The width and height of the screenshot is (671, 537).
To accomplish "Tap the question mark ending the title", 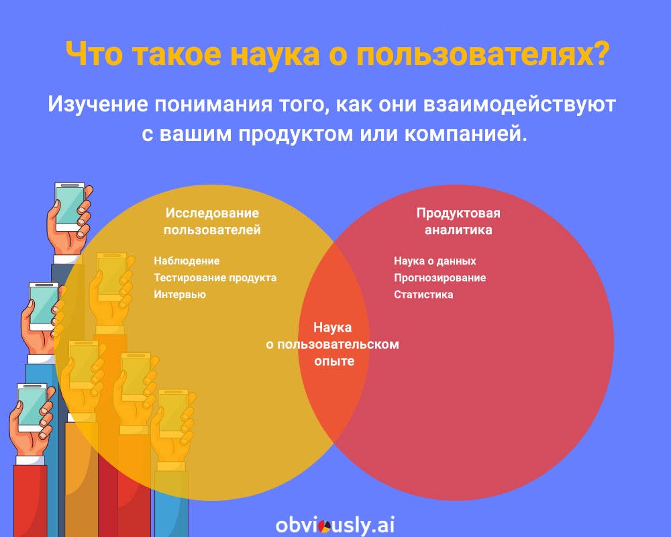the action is tap(601, 53).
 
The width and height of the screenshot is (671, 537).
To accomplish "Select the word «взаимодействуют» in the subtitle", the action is tap(519, 104).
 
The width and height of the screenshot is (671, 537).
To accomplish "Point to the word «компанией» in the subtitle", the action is tap(463, 134).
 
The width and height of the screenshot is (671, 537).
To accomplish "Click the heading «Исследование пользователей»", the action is tap(212, 222).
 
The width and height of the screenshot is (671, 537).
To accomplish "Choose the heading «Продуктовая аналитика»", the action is tap(458, 222).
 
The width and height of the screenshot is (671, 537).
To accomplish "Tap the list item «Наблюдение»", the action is tap(187, 261).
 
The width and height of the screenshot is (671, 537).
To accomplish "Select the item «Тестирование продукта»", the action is tap(215, 278).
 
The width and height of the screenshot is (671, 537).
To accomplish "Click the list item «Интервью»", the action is tap(180, 295).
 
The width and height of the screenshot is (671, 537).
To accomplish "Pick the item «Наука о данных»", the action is tap(435, 261).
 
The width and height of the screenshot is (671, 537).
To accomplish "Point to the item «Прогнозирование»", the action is tap(440, 278).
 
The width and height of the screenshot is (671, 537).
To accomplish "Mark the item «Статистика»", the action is tap(423, 295).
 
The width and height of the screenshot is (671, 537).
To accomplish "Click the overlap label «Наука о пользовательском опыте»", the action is tap(333, 344).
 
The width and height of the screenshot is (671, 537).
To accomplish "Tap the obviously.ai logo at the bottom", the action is tap(335, 524).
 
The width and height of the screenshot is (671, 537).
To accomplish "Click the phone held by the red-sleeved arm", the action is tap(32, 407).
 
